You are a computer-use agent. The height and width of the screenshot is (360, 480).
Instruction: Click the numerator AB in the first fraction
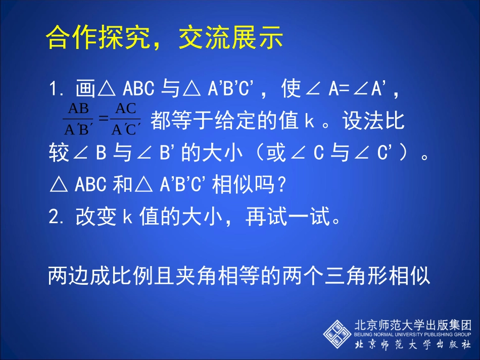[78, 108]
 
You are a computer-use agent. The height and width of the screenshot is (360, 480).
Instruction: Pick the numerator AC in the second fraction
[124, 108]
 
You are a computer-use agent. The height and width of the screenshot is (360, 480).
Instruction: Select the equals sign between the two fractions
[103, 119]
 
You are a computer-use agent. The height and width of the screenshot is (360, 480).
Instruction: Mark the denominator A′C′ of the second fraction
[124, 130]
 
